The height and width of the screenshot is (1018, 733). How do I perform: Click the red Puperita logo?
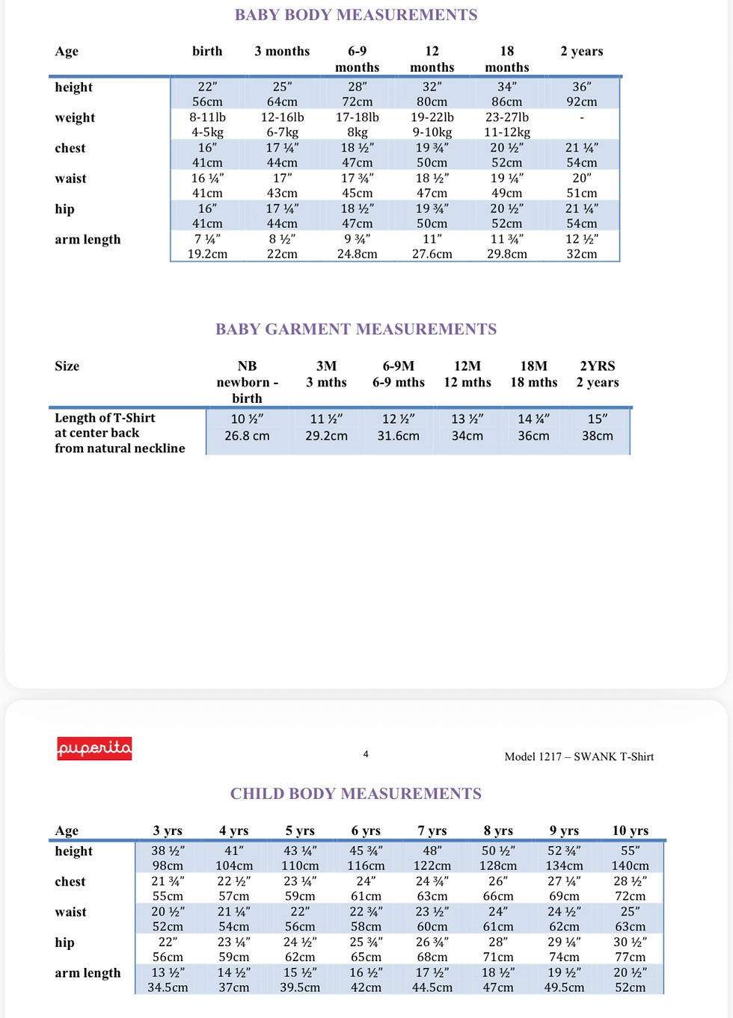94,748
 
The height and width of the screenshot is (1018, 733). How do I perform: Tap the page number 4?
366,754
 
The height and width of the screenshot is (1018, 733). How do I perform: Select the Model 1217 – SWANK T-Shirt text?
579,756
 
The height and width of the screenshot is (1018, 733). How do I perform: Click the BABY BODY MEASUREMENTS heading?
356,15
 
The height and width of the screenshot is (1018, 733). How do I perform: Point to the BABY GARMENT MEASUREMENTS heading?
356,330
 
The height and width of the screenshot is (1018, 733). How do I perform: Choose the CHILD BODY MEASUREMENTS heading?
356,794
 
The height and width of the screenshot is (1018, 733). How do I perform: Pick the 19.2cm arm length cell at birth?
207,254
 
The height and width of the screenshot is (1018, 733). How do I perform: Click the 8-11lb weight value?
207,117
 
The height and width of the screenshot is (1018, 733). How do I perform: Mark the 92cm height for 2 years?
581,102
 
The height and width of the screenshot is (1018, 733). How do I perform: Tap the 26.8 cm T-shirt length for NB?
247,436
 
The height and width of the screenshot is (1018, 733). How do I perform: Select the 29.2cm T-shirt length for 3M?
326,436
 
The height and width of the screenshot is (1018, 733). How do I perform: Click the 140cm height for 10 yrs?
630,866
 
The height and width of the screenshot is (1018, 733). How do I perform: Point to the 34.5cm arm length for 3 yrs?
168,987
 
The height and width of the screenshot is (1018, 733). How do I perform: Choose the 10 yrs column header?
630,830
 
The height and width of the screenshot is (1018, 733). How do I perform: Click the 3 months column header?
282,52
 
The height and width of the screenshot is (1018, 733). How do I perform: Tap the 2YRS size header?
597,366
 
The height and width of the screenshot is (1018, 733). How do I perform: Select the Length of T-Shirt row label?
105,419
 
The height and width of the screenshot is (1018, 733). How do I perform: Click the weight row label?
75,118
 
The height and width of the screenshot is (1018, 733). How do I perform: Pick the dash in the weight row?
581,117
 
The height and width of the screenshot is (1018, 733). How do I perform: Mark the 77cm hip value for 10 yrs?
630,957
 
